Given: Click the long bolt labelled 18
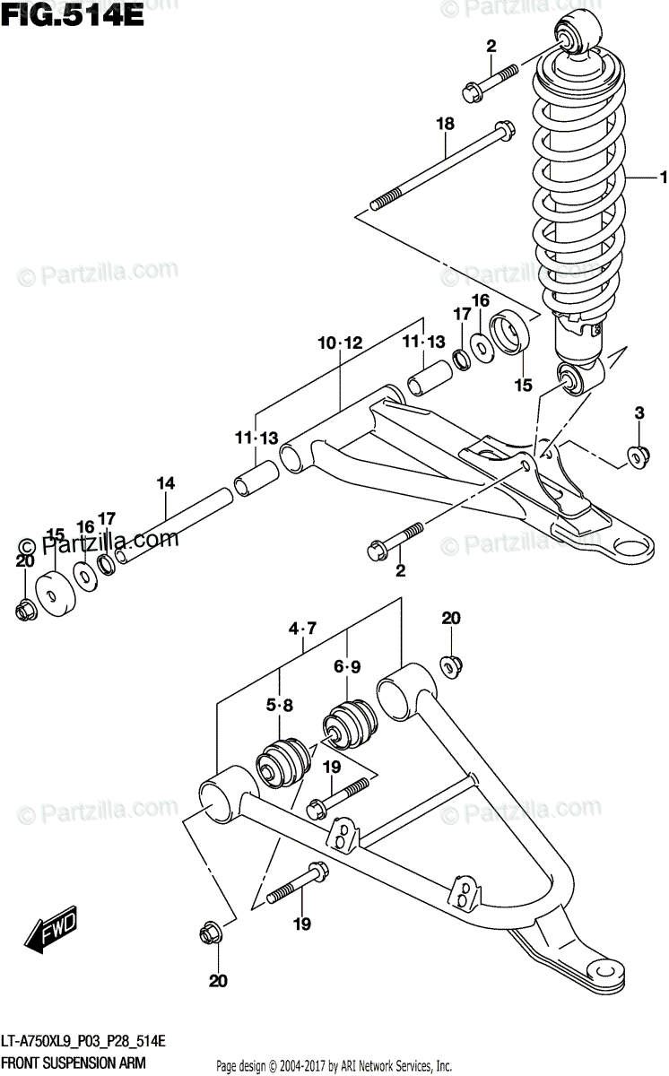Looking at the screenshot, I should (439, 170).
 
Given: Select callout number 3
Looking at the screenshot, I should (639, 413).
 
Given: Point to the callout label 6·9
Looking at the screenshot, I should (348, 667).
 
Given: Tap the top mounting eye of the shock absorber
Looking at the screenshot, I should (572, 33).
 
